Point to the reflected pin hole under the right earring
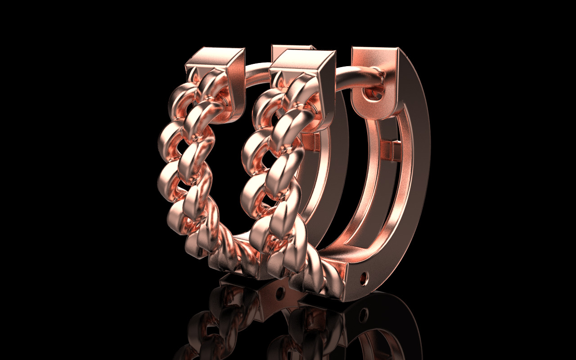(364, 315)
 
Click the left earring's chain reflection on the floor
(216, 324)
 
